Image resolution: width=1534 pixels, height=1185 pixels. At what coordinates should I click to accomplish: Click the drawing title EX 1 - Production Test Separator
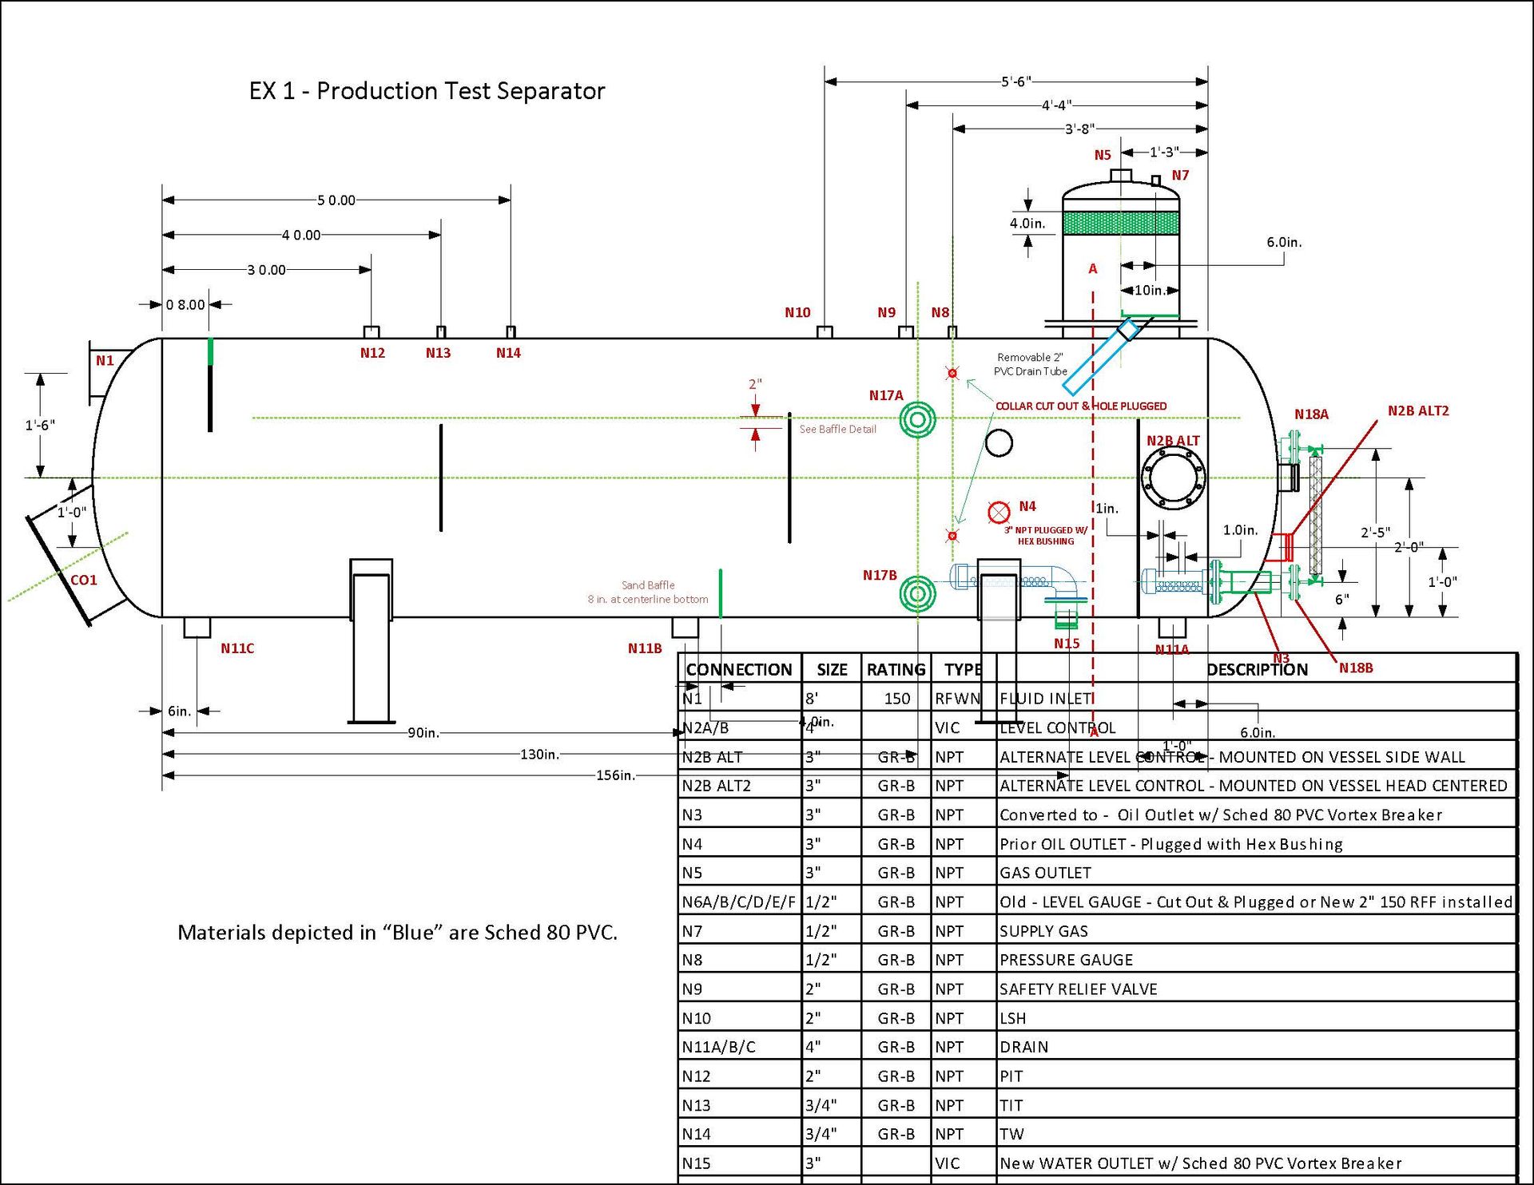tap(427, 91)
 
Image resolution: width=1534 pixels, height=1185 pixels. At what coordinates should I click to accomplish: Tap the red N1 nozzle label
tap(105, 361)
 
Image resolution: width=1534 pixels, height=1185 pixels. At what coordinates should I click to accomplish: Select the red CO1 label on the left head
tap(84, 581)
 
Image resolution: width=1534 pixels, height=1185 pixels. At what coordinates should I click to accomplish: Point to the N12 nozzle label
tap(372, 353)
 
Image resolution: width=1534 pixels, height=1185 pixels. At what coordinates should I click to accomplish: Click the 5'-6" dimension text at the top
tap(1016, 81)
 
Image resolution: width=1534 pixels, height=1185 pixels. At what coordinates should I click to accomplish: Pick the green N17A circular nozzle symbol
tap(917, 419)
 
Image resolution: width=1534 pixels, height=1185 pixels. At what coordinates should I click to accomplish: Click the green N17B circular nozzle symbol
tap(917, 594)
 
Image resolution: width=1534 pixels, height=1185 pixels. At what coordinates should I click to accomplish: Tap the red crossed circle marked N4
tap(999, 511)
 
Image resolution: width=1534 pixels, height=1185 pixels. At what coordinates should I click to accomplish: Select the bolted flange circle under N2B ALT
tap(1173, 478)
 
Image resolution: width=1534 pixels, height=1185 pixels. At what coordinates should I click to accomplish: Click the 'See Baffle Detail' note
tap(837, 430)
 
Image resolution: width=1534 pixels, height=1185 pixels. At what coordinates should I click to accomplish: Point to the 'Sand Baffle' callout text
tap(648, 585)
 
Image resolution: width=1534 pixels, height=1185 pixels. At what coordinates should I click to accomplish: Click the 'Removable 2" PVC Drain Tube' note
tap(1030, 364)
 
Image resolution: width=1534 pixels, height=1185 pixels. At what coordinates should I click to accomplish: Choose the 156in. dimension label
tap(615, 775)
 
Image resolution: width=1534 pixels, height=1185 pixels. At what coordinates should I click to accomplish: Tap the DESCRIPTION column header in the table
tap(1257, 670)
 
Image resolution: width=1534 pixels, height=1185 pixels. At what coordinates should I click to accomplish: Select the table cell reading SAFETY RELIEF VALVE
tap(1078, 989)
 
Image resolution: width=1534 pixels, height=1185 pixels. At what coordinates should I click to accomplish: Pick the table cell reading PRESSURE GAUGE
tap(1066, 960)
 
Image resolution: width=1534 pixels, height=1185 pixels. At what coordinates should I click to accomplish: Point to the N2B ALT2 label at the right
tap(1418, 411)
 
